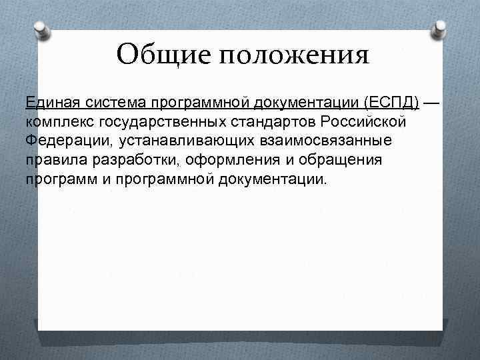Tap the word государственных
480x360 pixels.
click(x=157, y=123)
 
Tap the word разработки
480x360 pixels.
click(x=127, y=161)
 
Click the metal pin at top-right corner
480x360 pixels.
click(x=441, y=29)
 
